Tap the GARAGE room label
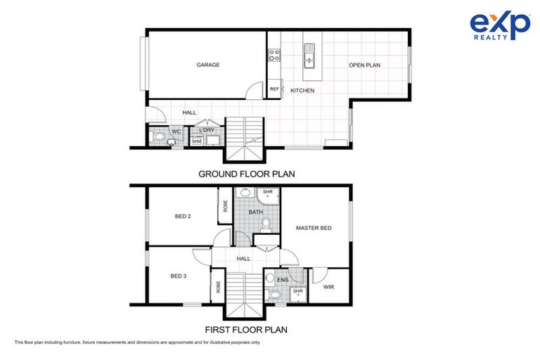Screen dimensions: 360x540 (x=208, y=65)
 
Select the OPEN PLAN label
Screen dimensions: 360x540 (x=364, y=65)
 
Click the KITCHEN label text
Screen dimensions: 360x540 (x=302, y=91)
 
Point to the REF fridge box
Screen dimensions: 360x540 (x=274, y=89)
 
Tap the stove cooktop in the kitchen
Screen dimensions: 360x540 (x=274, y=55)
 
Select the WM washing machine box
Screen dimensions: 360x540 (x=197, y=141)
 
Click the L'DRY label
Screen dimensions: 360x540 (x=207, y=130)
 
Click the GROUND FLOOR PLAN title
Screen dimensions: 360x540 (x=246, y=174)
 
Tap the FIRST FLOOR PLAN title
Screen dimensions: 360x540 (x=246, y=329)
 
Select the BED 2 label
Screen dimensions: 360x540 (x=183, y=217)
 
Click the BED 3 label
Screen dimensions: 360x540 (x=179, y=276)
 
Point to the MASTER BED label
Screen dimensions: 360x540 (x=313, y=228)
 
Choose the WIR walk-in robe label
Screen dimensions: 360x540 (x=328, y=288)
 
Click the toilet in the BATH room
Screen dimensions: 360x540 (x=266, y=224)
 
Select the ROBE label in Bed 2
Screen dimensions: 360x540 (x=225, y=206)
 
